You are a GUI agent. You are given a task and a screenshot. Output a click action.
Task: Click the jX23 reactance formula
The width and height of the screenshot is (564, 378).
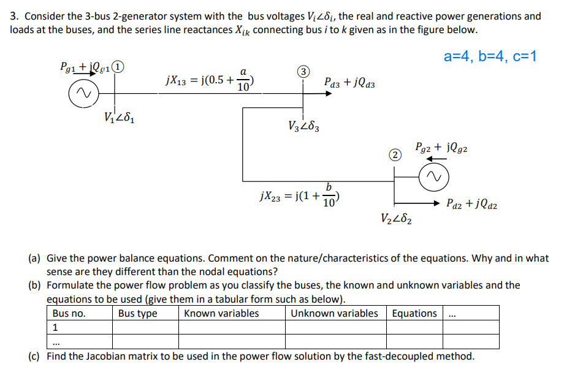coord(302,197)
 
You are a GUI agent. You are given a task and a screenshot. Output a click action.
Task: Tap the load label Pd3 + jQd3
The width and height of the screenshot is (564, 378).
coord(350,81)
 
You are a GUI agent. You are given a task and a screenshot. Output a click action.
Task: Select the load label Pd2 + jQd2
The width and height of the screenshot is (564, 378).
coord(472,204)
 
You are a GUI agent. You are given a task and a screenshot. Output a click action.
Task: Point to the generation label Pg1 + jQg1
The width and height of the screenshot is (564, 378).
coord(86,67)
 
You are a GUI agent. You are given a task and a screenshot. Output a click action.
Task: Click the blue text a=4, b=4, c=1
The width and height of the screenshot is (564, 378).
coord(490,57)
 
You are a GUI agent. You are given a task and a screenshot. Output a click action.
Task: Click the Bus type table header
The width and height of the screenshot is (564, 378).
coord(138,313)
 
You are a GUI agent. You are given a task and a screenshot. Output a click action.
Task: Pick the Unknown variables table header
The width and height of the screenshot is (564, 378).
coord(334,313)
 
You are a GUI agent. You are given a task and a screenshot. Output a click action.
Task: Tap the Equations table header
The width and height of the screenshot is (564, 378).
coord(414,313)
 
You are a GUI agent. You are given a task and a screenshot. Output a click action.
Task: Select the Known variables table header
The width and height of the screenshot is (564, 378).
coord(221,313)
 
